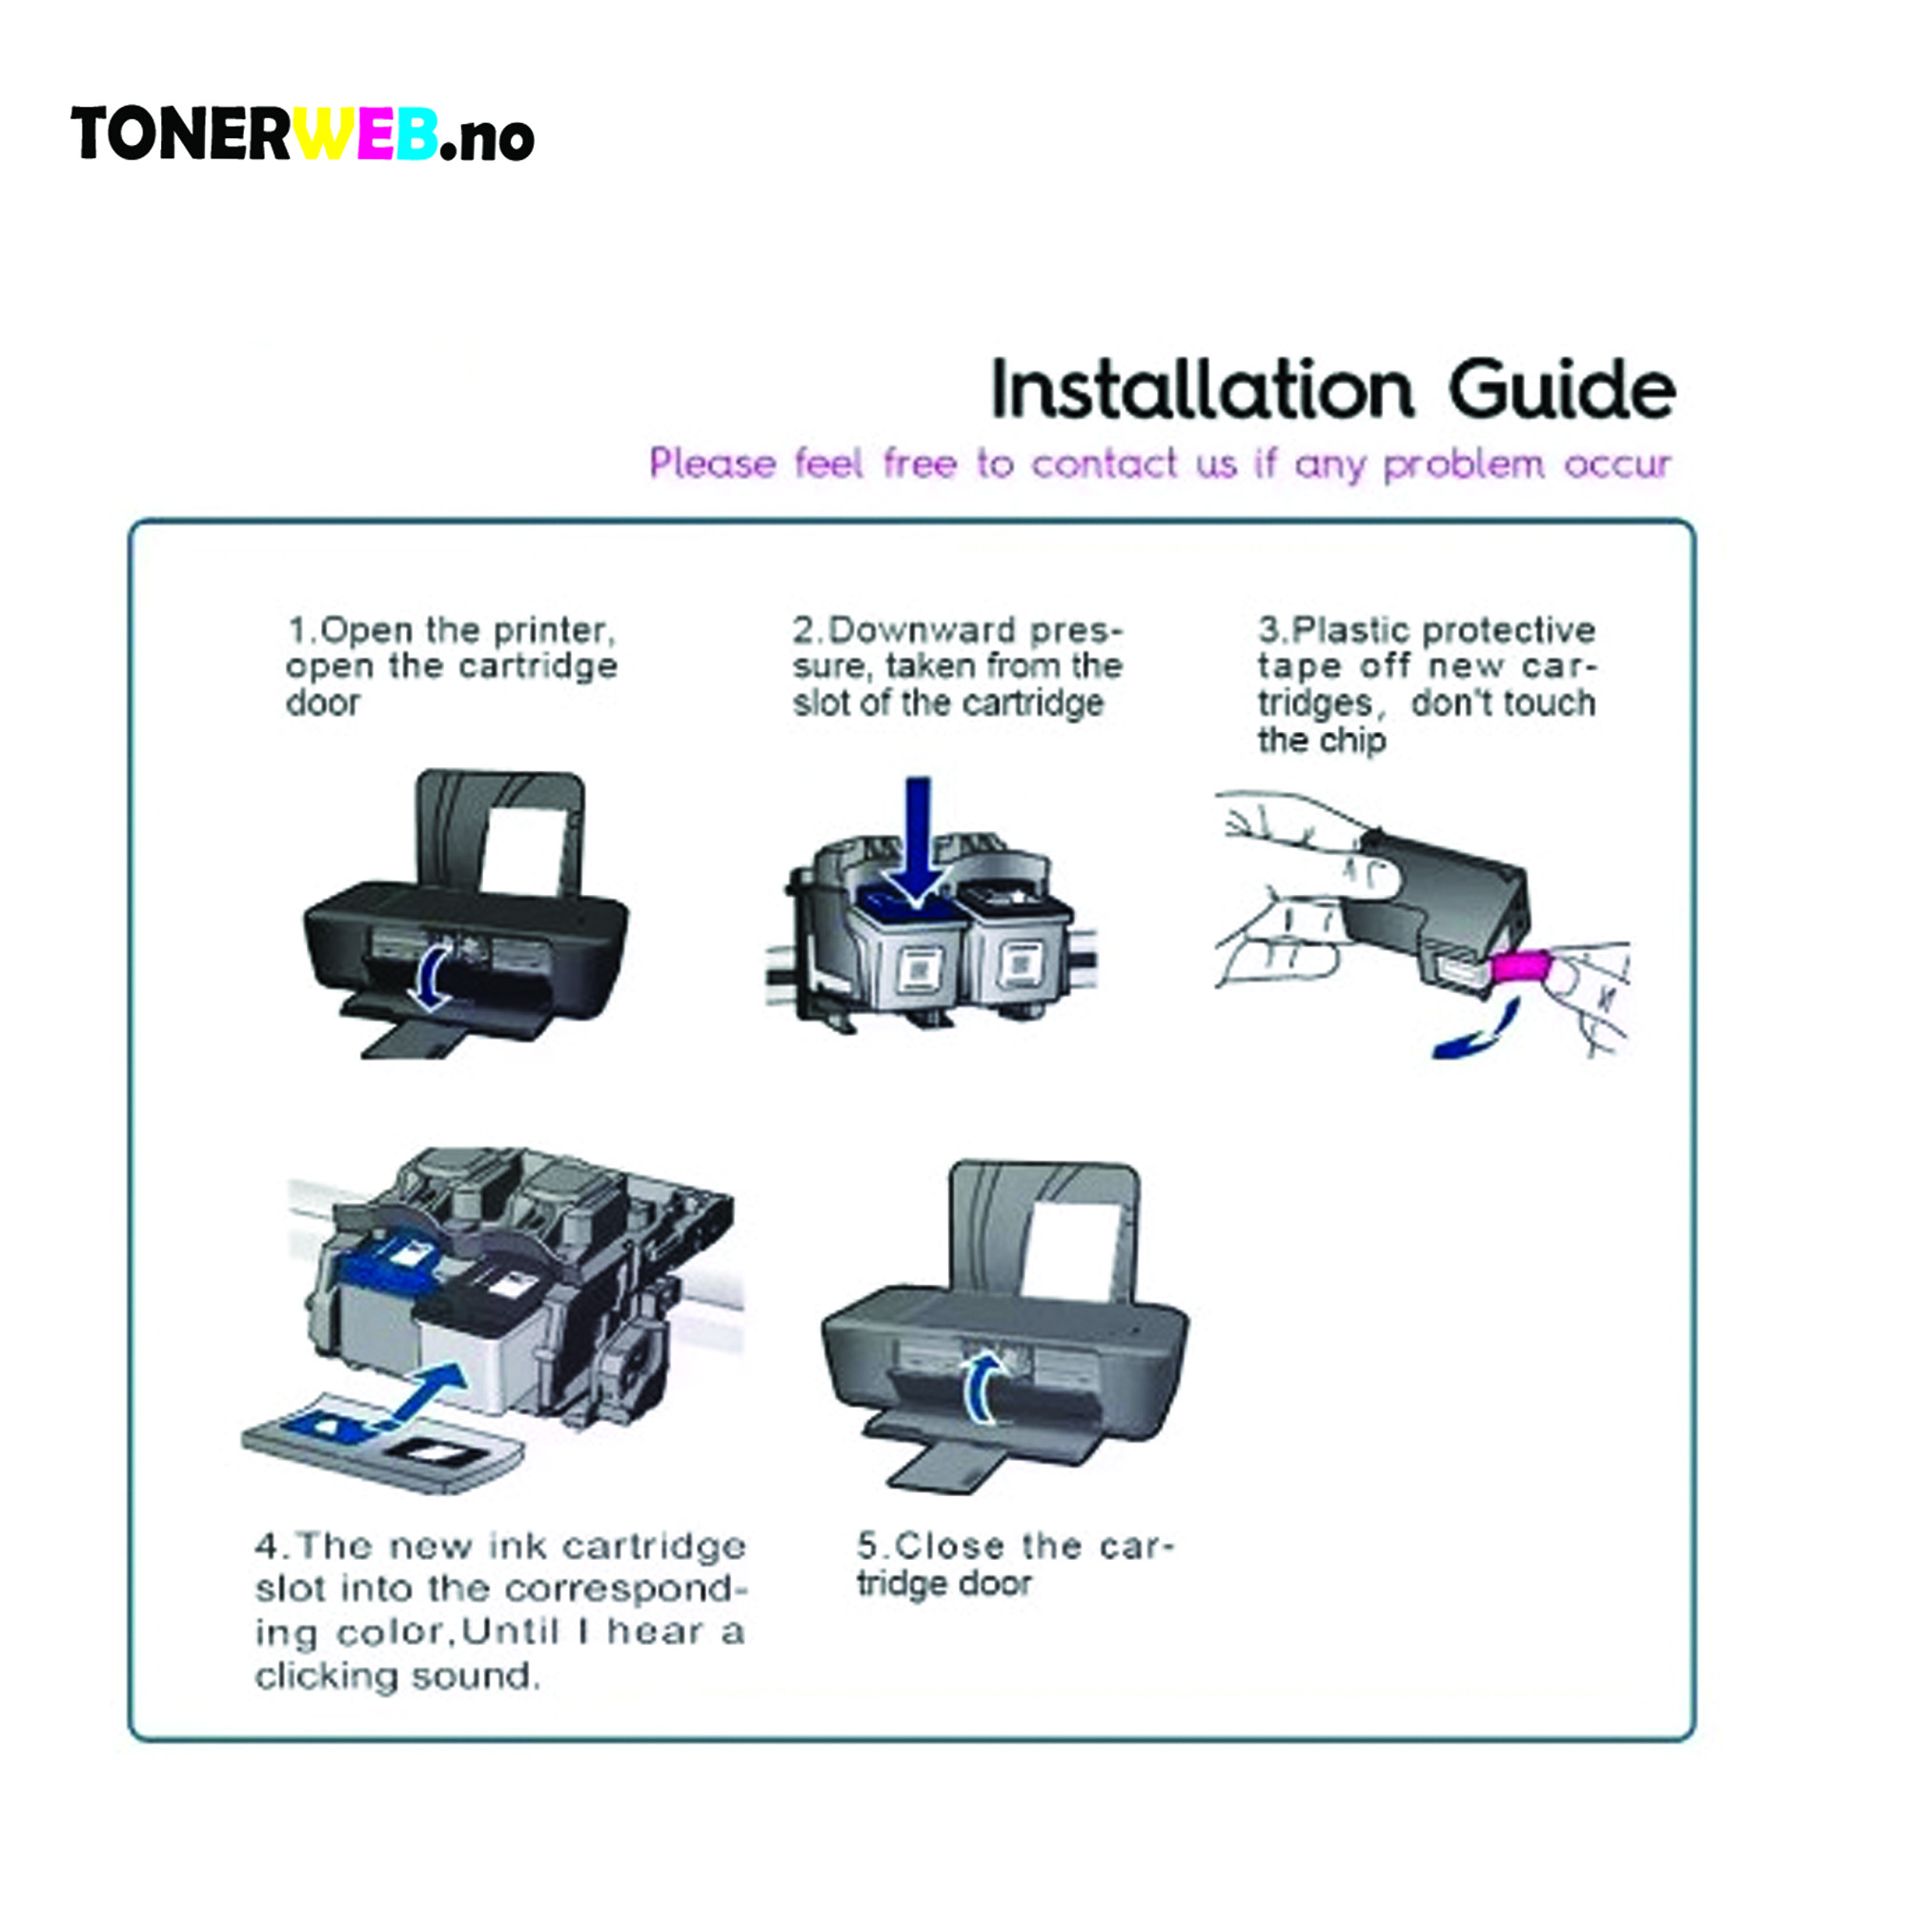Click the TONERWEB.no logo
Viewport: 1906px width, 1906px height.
[302, 134]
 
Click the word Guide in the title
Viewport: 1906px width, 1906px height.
[1561, 391]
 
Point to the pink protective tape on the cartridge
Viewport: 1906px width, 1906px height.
[1519, 966]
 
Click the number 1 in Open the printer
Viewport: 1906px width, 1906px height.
[298, 629]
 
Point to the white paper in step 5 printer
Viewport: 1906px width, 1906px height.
[1073, 1248]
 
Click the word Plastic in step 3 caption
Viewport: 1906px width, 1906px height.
[1351, 629]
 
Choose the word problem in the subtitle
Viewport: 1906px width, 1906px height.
[1463, 465]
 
